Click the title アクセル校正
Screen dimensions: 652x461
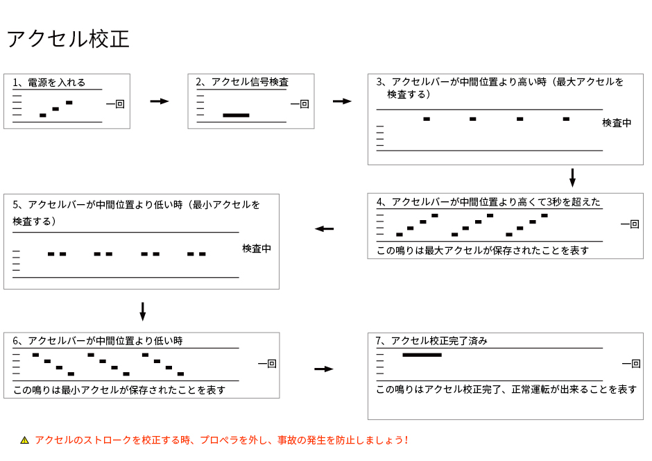[68, 39]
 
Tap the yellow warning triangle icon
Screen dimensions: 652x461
[24, 440]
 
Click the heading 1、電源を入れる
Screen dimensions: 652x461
[49, 83]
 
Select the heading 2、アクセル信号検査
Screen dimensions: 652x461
[242, 82]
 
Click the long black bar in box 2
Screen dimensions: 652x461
[237, 115]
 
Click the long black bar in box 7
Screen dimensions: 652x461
[422, 355]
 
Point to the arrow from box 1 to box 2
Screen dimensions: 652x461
[160, 101]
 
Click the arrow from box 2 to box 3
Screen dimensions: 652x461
[342, 101]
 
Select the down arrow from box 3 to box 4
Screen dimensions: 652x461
[572, 178]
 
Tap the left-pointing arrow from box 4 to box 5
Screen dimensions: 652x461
[325, 229]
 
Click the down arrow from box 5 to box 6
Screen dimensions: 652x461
[143, 312]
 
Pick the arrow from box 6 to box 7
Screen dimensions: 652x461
[324, 369]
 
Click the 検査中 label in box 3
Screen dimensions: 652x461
[617, 123]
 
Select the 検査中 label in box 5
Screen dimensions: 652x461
[257, 249]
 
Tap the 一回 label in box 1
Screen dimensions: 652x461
[115, 103]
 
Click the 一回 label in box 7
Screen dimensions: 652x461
[631, 364]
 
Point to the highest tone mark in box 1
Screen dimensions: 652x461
[69, 102]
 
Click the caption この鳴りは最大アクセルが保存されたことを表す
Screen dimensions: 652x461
[483, 251]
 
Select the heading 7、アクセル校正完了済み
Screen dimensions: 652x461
[431, 341]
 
